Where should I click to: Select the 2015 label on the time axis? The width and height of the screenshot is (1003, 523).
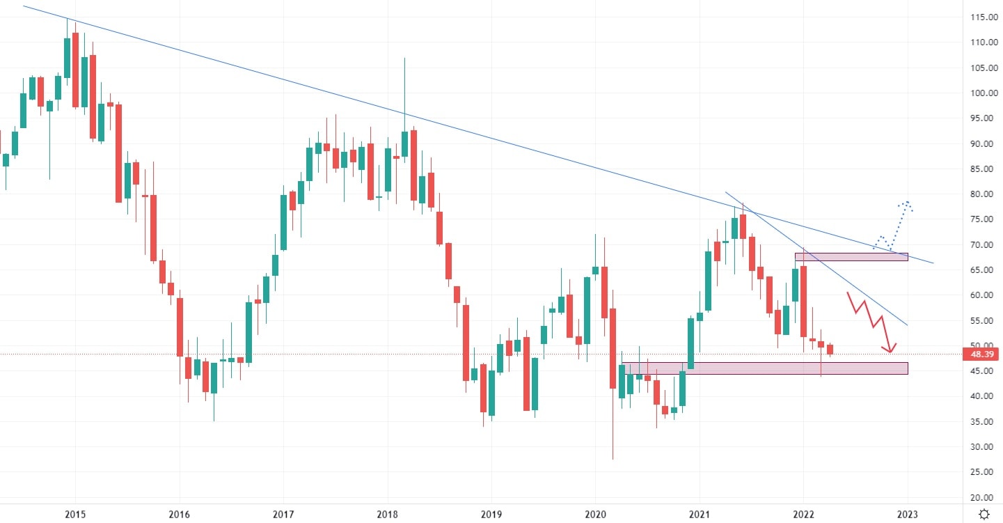pyautogui.click(x=75, y=515)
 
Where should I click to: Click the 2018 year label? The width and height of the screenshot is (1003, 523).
pyautogui.click(x=387, y=515)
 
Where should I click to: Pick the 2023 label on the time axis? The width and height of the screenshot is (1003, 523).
pyautogui.click(x=907, y=515)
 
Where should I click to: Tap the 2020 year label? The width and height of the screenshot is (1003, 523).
pyautogui.click(x=595, y=515)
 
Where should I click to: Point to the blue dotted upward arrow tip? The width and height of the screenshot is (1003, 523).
pyautogui.click(x=907, y=203)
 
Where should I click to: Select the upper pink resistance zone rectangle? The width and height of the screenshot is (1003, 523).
pyautogui.click(x=851, y=257)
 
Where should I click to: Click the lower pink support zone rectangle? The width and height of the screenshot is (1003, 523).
pyautogui.click(x=766, y=368)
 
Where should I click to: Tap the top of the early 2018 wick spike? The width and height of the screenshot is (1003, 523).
pyautogui.click(x=404, y=58)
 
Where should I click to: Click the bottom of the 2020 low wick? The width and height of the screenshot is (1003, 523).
pyautogui.click(x=613, y=459)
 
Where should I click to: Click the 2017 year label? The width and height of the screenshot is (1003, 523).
pyautogui.click(x=283, y=515)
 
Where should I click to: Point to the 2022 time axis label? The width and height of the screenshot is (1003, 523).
pyautogui.click(x=803, y=515)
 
